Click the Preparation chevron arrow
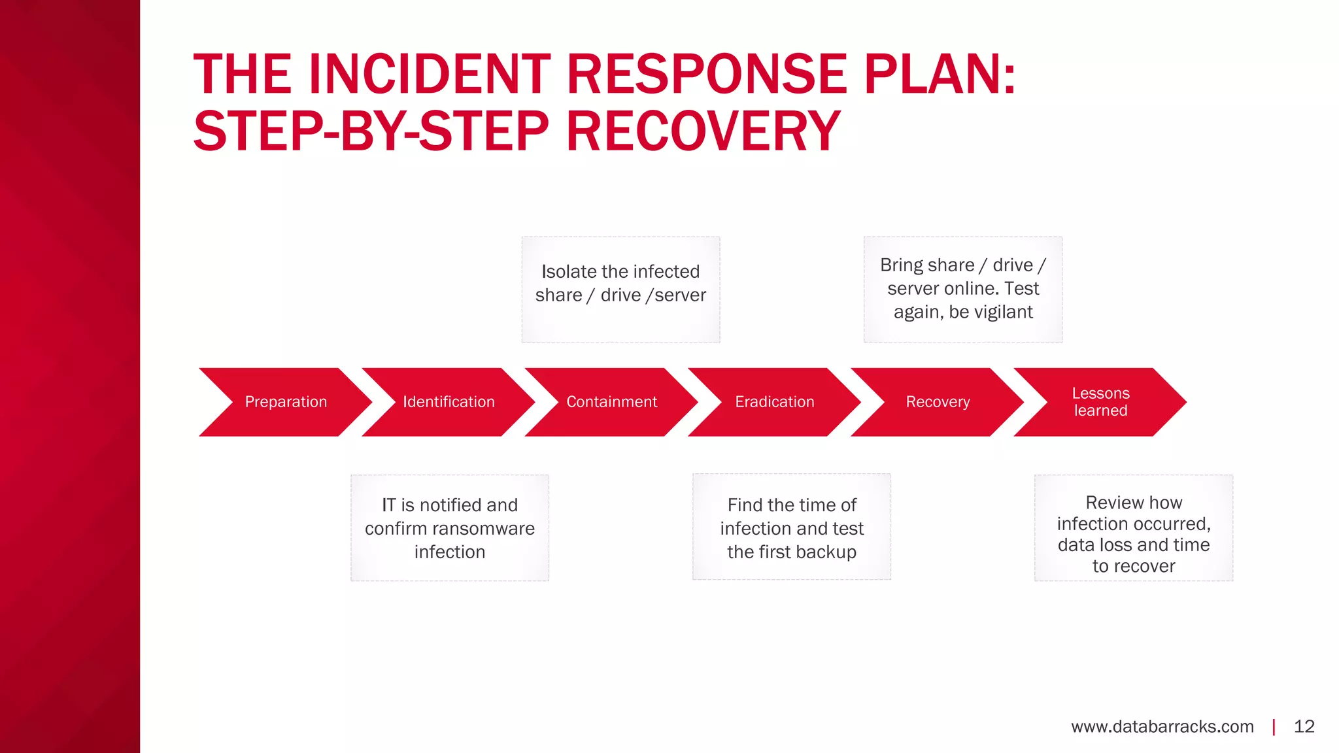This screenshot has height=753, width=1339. (x=286, y=402)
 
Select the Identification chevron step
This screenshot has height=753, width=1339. (x=449, y=402)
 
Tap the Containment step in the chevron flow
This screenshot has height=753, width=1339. (x=611, y=402)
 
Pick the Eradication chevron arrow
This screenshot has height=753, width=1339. (x=775, y=402)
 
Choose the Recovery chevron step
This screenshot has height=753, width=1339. (x=938, y=402)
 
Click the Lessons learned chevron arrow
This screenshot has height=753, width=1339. (x=1100, y=402)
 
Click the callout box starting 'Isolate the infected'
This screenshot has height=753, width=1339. (x=620, y=290)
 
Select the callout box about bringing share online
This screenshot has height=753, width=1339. (x=962, y=290)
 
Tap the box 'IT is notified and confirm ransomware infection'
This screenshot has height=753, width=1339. (x=450, y=528)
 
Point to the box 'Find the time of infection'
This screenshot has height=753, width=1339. (x=791, y=527)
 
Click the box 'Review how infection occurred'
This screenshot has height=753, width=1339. (x=1134, y=528)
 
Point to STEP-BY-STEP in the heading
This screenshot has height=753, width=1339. (x=371, y=131)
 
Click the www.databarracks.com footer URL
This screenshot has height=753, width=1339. (x=1162, y=727)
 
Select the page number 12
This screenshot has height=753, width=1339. (x=1304, y=727)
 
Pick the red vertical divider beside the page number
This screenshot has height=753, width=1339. (x=1274, y=727)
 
